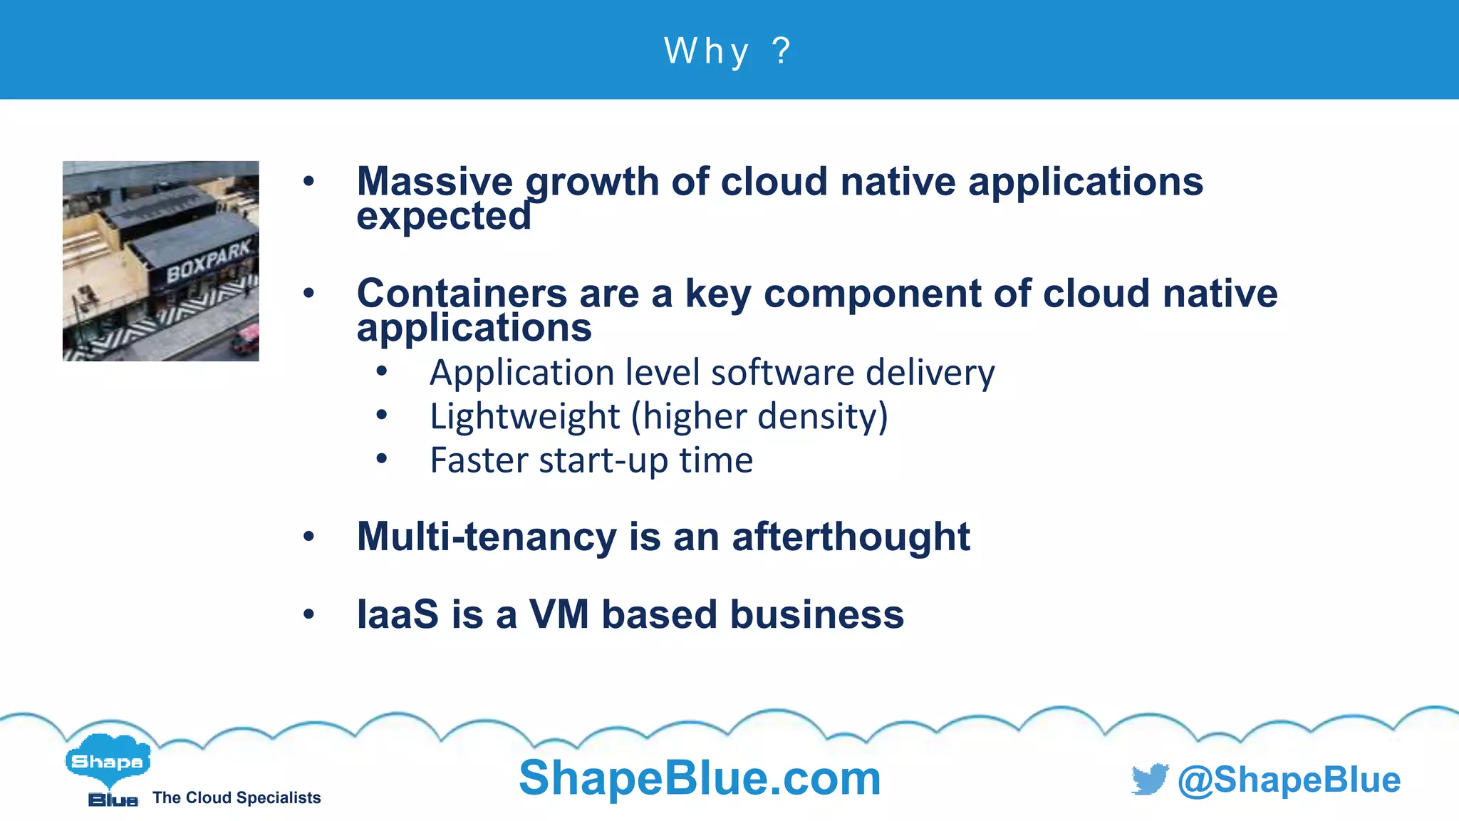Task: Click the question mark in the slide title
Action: point(782,51)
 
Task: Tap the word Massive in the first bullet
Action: point(435,182)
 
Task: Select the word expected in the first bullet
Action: point(444,216)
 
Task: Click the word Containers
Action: point(462,294)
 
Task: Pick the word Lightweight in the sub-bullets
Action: point(525,416)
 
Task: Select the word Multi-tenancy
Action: point(487,537)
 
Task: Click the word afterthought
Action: point(851,537)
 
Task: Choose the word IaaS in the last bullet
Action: point(398,614)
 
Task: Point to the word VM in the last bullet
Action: point(559,614)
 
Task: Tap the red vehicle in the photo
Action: point(245,340)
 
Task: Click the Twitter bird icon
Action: point(1150,779)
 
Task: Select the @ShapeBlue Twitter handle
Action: point(1289,780)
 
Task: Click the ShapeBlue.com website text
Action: point(700,778)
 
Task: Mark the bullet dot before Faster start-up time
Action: point(382,459)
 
